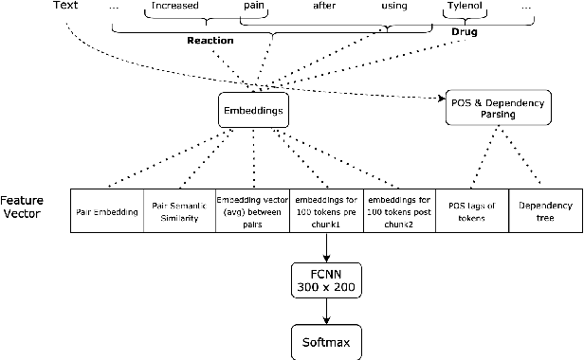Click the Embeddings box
[x=253, y=109]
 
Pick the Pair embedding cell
[x=107, y=211]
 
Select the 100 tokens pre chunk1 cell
[x=325, y=211]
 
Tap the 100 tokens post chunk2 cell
[x=399, y=211]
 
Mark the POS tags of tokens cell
[x=472, y=211]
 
